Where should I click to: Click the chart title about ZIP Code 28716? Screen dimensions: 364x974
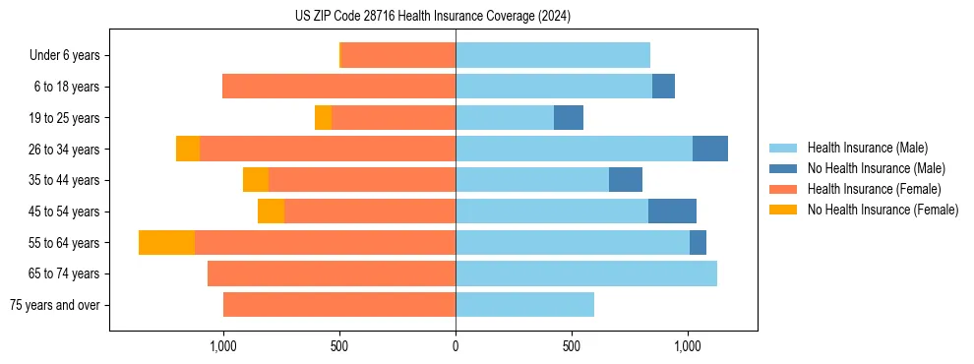432,17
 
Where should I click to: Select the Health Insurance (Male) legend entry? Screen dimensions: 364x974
867,148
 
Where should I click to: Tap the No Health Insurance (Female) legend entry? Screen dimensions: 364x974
882,210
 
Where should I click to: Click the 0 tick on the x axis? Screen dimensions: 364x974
456,346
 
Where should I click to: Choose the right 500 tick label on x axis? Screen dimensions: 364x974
572,346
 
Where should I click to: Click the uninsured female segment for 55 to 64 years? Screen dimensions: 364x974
166,243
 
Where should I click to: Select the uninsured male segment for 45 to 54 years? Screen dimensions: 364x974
672,212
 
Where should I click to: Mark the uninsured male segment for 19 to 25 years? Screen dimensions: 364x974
569,118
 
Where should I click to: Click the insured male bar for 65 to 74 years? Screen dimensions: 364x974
586,273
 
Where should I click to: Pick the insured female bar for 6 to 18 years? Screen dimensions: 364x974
338,87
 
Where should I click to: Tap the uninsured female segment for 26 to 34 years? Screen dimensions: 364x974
188,150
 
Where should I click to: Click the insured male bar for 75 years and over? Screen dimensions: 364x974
524,305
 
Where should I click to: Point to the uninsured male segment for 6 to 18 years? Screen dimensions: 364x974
663,87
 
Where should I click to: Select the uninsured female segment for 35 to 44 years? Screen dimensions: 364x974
256,180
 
